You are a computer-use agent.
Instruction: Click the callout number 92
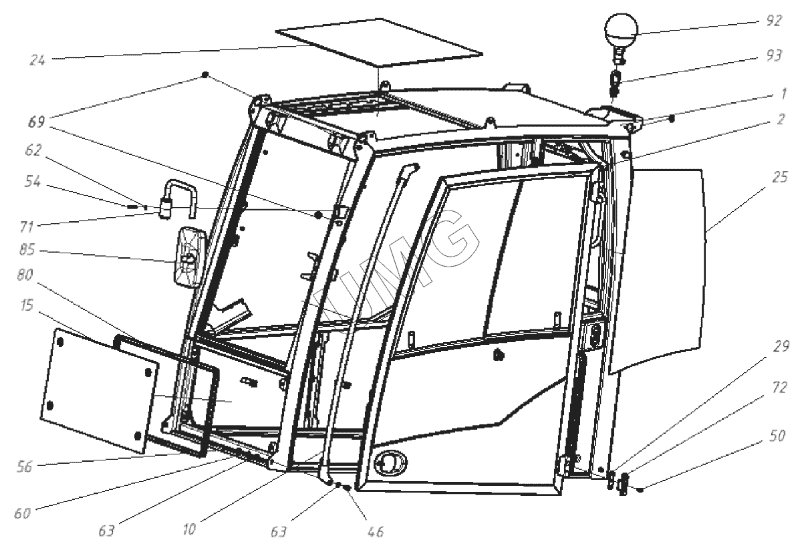pos(773,21)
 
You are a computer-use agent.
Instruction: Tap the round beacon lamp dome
pos(621,29)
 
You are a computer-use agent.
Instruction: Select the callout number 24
pos(37,60)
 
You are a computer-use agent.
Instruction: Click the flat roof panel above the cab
pos(379,43)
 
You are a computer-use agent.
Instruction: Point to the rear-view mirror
pos(190,257)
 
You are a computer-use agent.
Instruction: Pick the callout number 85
pos(27,249)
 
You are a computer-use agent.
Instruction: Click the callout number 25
pos(779,177)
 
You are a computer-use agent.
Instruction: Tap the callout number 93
pos(774,56)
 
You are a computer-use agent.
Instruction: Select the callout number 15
pos(27,305)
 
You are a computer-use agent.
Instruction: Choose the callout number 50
pos(777,436)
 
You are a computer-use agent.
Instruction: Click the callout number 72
pos(779,388)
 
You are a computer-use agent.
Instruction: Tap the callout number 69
pos(37,122)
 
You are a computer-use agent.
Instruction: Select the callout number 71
pos(27,227)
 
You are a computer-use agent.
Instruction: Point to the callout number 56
pos(24,467)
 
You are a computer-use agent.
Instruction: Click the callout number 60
pos(22,513)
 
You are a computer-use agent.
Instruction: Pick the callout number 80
pos(25,275)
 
